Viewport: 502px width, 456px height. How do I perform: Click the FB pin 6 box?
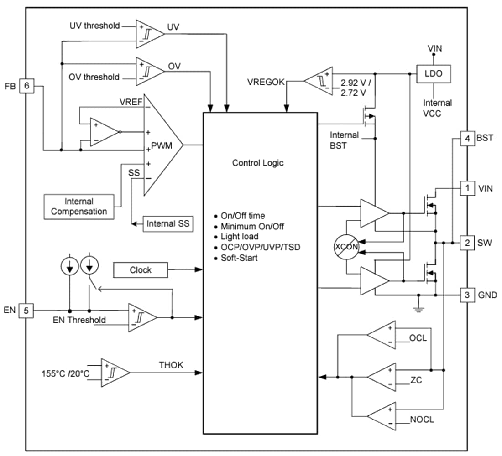27,85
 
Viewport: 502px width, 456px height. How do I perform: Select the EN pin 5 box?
26,311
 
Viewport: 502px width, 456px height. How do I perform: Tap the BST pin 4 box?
467,138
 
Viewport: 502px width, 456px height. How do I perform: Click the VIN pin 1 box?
467,187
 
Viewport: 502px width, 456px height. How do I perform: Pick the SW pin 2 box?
467,243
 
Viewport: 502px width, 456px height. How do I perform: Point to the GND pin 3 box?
467,295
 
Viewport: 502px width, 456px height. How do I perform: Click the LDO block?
433,73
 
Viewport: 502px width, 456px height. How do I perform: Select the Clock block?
140,270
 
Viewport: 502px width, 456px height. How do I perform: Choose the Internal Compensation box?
79,207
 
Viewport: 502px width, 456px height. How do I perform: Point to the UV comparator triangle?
149,33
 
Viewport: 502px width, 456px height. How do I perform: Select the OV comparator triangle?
149,71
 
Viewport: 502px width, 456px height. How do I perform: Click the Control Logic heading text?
258,163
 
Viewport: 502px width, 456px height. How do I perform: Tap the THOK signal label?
171,365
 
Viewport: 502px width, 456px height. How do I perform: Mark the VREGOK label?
266,82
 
